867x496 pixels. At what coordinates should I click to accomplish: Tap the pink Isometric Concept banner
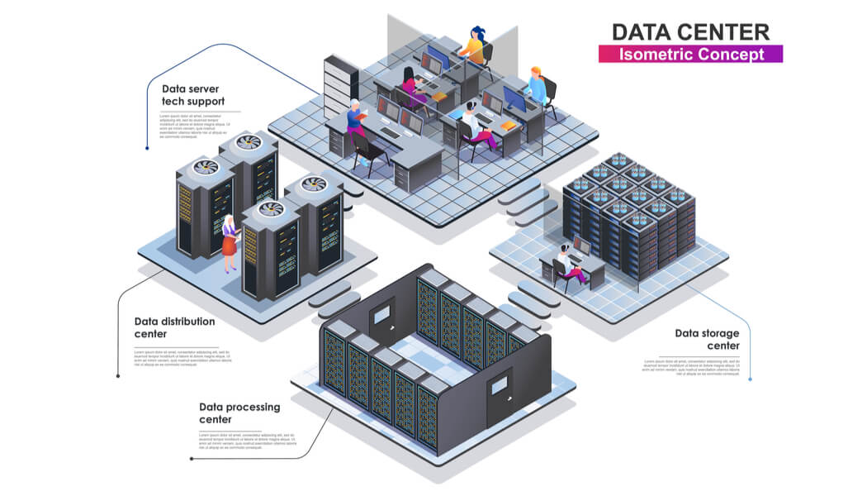click(x=690, y=55)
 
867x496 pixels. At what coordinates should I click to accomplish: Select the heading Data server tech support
click(x=192, y=95)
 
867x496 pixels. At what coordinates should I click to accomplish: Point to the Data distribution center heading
click(x=174, y=327)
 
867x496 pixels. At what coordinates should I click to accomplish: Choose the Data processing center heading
click(x=239, y=413)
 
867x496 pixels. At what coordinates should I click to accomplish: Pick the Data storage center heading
click(x=707, y=339)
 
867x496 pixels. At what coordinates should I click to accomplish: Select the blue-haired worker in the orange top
click(x=475, y=46)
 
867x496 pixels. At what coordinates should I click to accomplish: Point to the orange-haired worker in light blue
click(x=538, y=86)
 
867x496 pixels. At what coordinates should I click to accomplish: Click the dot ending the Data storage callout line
click(x=750, y=379)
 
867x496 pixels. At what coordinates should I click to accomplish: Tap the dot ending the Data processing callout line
click(x=191, y=458)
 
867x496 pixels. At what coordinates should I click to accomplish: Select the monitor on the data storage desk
click(x=582, y=246)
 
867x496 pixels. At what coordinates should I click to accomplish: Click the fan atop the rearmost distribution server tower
click(x=249, y=141)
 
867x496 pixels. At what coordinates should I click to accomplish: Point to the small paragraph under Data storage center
click(x=690, y=367)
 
